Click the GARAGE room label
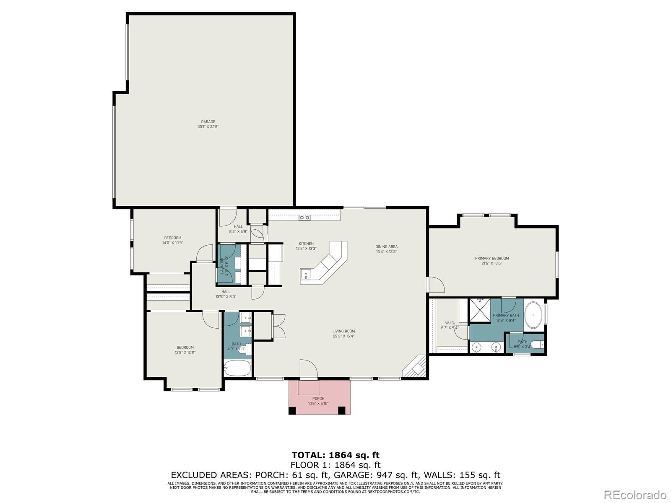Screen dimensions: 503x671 tap(208, 122)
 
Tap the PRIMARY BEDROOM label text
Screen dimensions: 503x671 tap(492, 259)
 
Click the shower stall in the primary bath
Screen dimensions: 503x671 tap(479, 310)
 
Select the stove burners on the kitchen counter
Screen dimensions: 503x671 tap(304, 218)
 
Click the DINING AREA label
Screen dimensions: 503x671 tap(386, 247)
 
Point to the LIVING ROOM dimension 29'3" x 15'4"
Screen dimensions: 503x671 tap(343, 336)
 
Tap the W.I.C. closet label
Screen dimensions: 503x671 tap(450, 323)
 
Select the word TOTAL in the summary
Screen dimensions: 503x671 tap(308, 455)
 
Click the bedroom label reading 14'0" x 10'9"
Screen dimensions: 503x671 tap(172, 243)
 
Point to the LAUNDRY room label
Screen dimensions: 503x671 tap(222, 266)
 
